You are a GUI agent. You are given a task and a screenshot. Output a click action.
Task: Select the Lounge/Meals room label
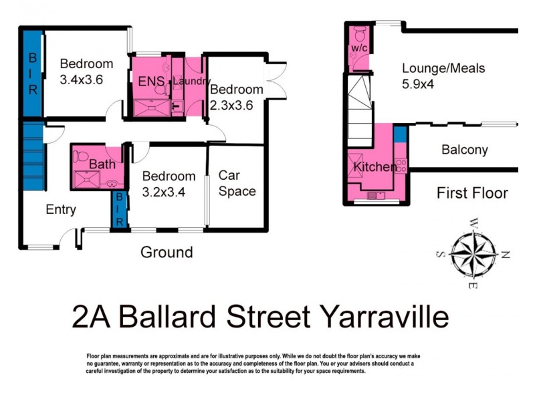(x=443, y=68)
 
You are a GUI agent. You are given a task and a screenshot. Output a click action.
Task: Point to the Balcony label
(x=464, y=150)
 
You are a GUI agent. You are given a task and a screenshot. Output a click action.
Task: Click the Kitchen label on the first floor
(x=374, y=167)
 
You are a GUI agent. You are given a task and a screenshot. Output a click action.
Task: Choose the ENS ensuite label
(x=151, y=82)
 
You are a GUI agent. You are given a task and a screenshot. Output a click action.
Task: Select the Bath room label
(x=102, y=164)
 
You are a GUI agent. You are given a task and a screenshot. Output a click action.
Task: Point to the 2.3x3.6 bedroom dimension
(x=232, y=106)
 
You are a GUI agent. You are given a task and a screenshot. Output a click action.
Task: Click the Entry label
(x=60, y=209)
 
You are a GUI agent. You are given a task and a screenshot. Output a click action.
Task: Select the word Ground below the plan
(x=166, y=252)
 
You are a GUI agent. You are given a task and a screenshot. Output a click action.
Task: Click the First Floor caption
(x=472, y=193)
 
